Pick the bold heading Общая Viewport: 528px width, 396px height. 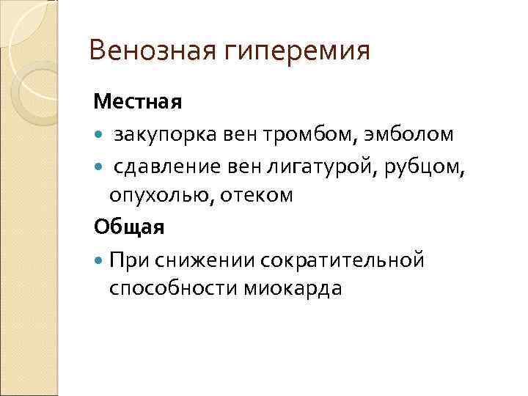pyautogui.click(x=129, y=227)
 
